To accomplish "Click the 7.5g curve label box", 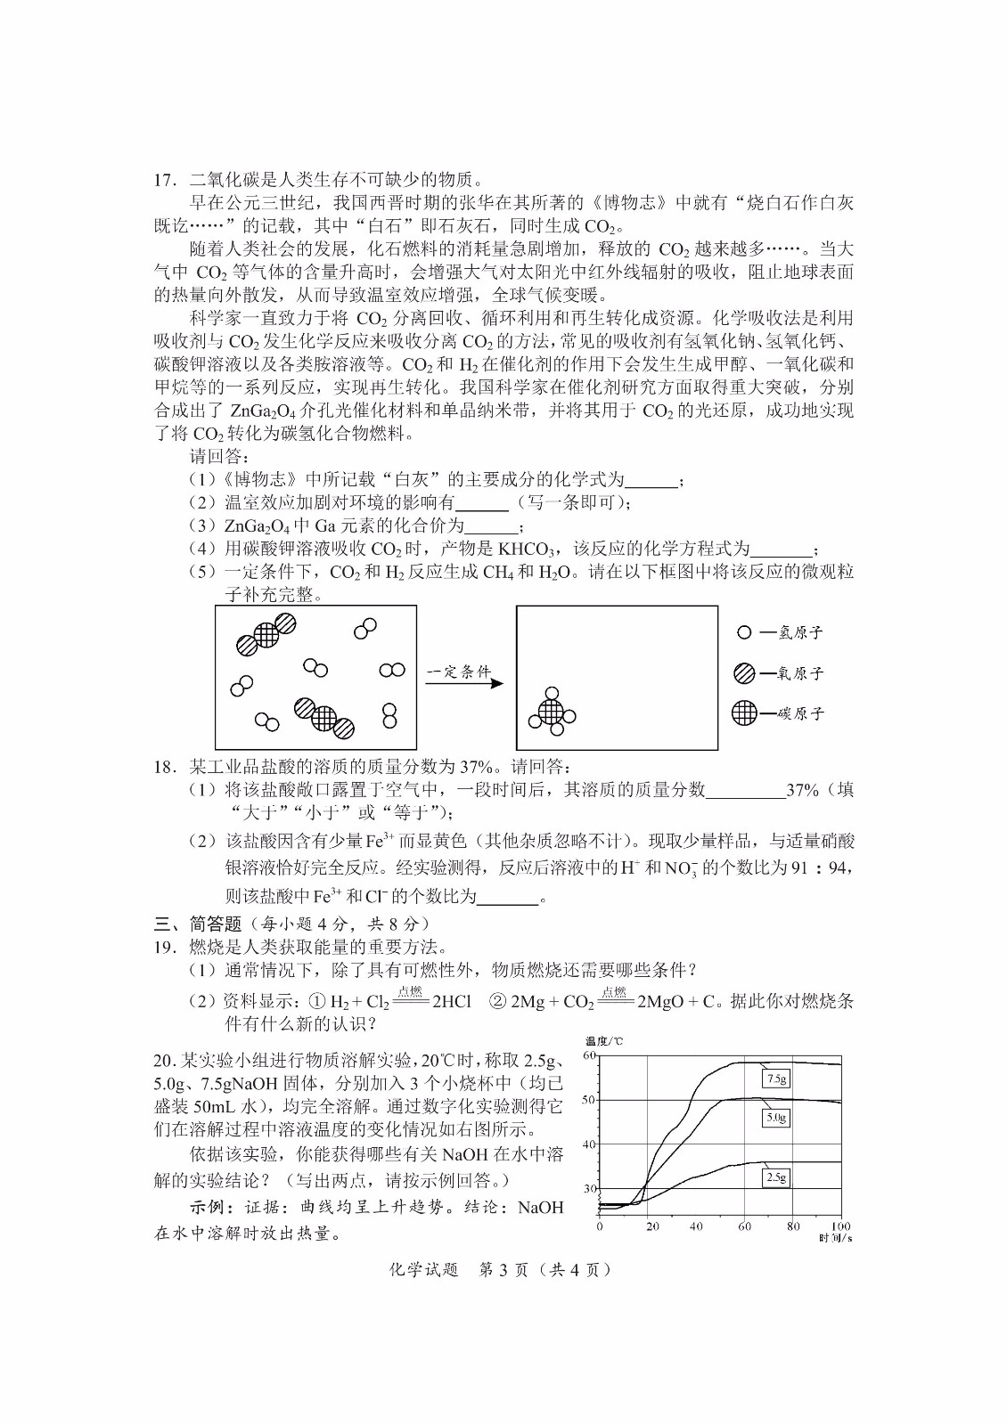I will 776,1079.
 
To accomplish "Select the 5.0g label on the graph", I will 776,1118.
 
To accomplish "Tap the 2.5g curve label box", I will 776,1177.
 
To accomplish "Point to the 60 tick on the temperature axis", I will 589,1055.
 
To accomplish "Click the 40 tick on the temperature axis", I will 589,1144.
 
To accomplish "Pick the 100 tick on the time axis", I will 840,1226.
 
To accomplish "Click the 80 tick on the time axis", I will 793,1226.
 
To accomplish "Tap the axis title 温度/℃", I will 604,1041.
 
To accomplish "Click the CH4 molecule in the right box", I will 551,712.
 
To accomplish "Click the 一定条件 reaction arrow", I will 464,682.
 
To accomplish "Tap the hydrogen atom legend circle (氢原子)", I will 744,632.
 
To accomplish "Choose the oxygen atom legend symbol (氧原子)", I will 744,673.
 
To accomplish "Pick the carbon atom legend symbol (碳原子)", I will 744,712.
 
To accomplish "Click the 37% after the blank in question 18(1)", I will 802,790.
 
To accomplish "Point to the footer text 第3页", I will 504,1270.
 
